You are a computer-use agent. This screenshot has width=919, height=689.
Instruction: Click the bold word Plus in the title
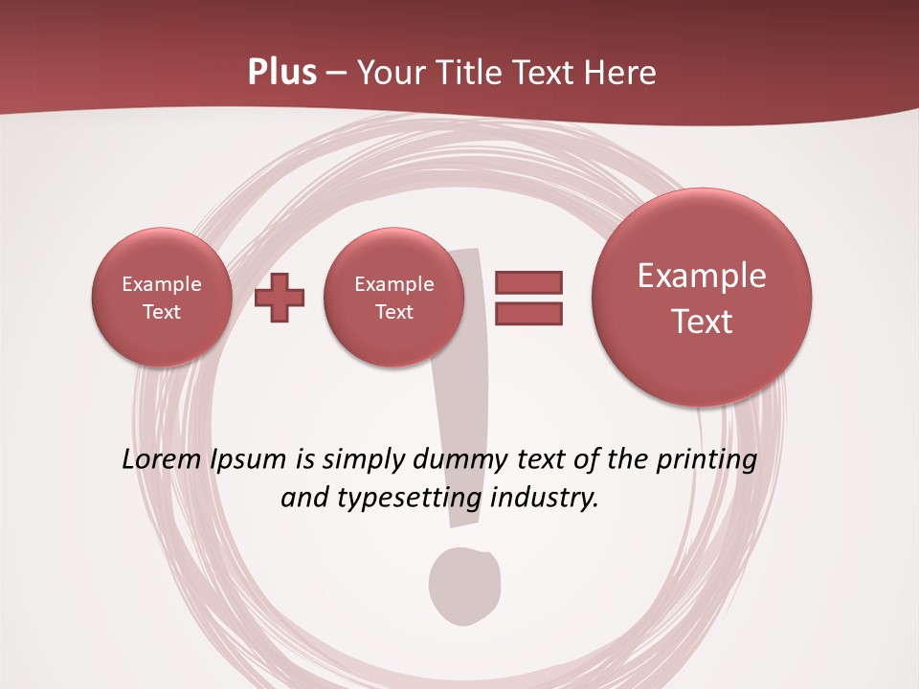[x=282, y=73]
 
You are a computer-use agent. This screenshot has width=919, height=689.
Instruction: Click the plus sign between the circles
[x=280, y=298]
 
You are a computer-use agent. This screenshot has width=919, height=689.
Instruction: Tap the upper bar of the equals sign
[x=528, y=282]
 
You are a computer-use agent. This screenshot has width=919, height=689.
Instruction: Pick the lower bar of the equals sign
[x=528, y=313]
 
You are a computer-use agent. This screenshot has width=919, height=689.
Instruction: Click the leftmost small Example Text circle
[x=161, y=298]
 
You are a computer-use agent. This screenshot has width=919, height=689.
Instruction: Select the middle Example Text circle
[x=393, y=298]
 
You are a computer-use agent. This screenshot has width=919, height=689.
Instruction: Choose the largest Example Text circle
[x=702, y=298]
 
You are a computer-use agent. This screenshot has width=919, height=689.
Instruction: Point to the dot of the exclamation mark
[x=463, y=585]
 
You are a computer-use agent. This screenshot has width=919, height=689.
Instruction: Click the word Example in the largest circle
[x=702, y=276]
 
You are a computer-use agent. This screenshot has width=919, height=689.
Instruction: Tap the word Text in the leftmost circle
[x=161, y=312]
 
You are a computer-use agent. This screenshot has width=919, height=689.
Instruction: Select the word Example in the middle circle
[x=393, y=284]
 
